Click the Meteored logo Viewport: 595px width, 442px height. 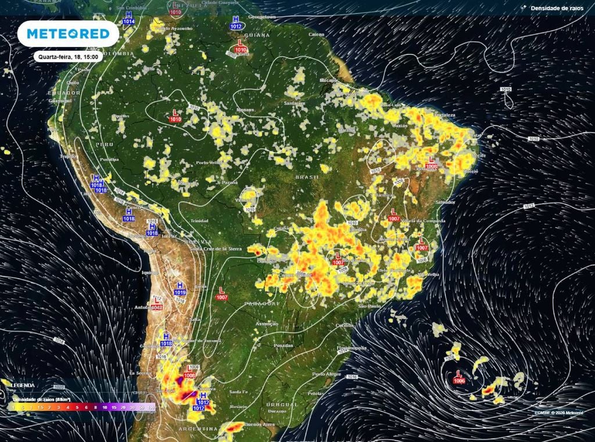click(x=68, y=34)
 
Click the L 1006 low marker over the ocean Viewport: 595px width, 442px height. click(x=459, y=377)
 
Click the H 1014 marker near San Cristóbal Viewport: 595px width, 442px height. click(x=128, y=17)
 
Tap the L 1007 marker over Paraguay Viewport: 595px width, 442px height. click(x=221, y=293)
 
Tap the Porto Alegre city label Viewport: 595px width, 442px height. click(x=327, y=374)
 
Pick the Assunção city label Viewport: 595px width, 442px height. click(x=267, y=323)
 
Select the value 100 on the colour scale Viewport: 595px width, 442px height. click(x=151, y=408)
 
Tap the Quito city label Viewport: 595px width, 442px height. click(x=72, y=83)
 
